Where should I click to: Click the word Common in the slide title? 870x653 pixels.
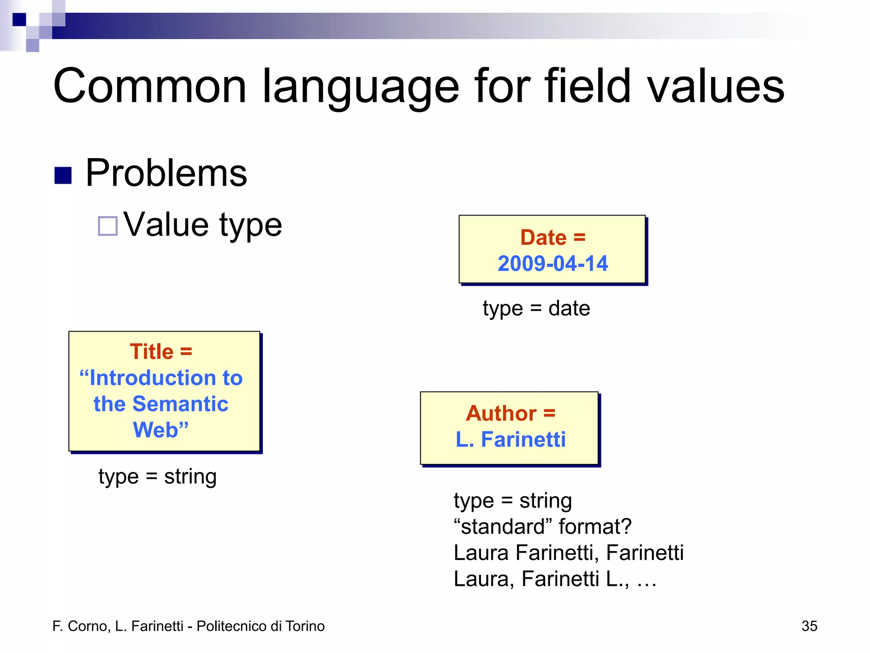click(x=150, y=86)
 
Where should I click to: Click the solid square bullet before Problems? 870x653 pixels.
click(x=63, y=175)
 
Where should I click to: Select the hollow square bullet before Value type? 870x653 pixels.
click(x=107, y=226)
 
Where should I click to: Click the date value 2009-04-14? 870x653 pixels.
click(x=553, y=263)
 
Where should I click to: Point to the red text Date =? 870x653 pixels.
click(x=553, y=237)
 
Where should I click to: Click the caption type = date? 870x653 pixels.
click(x=536, y=308)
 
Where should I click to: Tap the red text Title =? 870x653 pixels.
click(x=161, y=352)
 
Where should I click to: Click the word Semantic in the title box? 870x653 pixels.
click(x=180, y=403)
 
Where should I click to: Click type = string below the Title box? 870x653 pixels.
click(x=158, y=476)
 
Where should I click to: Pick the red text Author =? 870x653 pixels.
click(x=510, y=413)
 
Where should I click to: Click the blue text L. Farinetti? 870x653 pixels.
click(x=510, y=439)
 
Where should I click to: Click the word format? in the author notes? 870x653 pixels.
click(x=595, y=526)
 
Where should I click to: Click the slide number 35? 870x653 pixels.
click(x=809, y=626)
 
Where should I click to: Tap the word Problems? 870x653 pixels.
click(x=166, y=173)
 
